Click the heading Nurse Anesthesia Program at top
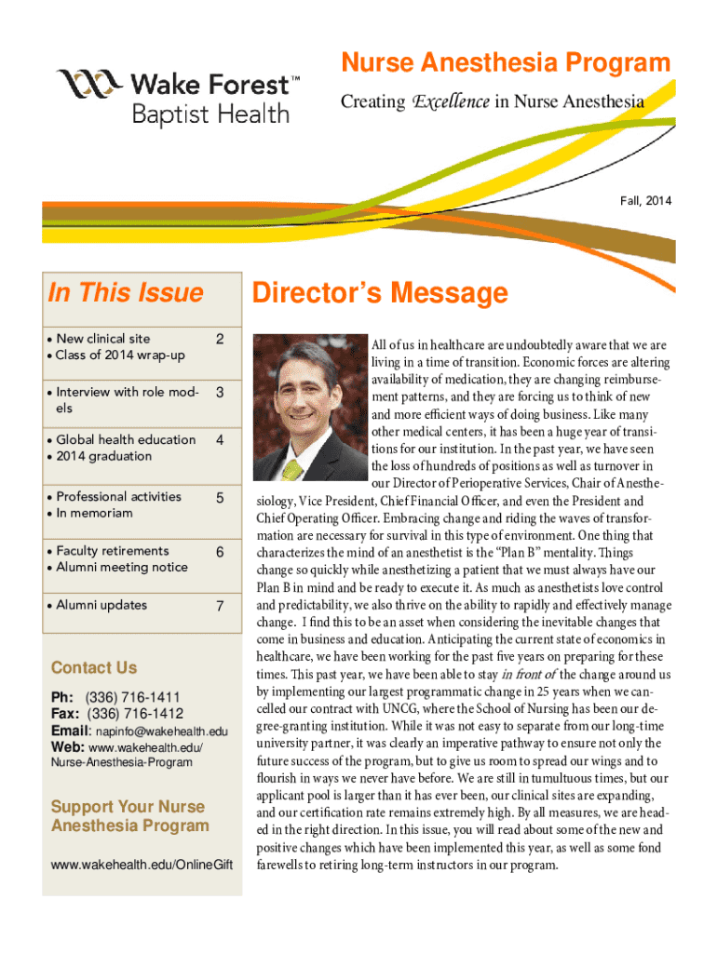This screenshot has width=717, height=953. pyautogui.click(x=506, y=63)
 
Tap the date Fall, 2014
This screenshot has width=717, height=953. pyautogui.click(x=645, y=200)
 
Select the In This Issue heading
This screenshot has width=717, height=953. pyautogui.click(x=125, y=293)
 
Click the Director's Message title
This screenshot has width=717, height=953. pyautogui.click(x=381, y=294)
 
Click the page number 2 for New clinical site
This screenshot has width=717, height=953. pyautogui.click(x=218, y=339)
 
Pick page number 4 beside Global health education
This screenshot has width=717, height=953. pyautogui.click(x=219, y=440)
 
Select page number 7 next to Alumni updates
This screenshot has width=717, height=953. pyautogui.click(x=220, y=607)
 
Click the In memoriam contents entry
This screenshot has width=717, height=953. pyautogui.click(x=94, y=513)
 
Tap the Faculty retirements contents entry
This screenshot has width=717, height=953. pyautogui.click(x=113, y=551)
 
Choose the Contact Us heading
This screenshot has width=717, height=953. pyautogui.click(x=94, y=667)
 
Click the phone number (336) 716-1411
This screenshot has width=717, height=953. pyautogui.click(x=132, y=697)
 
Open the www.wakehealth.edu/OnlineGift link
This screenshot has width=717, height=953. pyautogui.click(x=141, y=866)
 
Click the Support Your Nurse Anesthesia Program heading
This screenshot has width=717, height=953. pyautogui.click(x=129, y=816)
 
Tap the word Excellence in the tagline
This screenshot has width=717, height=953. pyautogui.click(x=451, y=101)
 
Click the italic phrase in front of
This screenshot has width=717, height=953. pyautogui.click(x=529, y=674)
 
